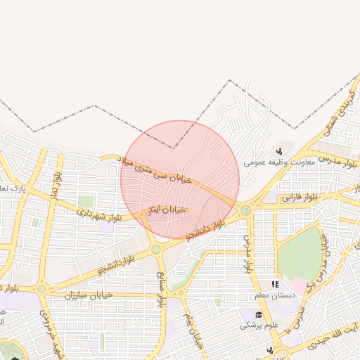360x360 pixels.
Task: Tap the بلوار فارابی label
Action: point(300,198)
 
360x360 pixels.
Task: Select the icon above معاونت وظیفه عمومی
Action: point(279,150)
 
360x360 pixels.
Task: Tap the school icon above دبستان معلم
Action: point(275,285)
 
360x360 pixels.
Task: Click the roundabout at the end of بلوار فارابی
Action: point(245,210)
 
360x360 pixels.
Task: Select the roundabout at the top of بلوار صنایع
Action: point(156,249)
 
